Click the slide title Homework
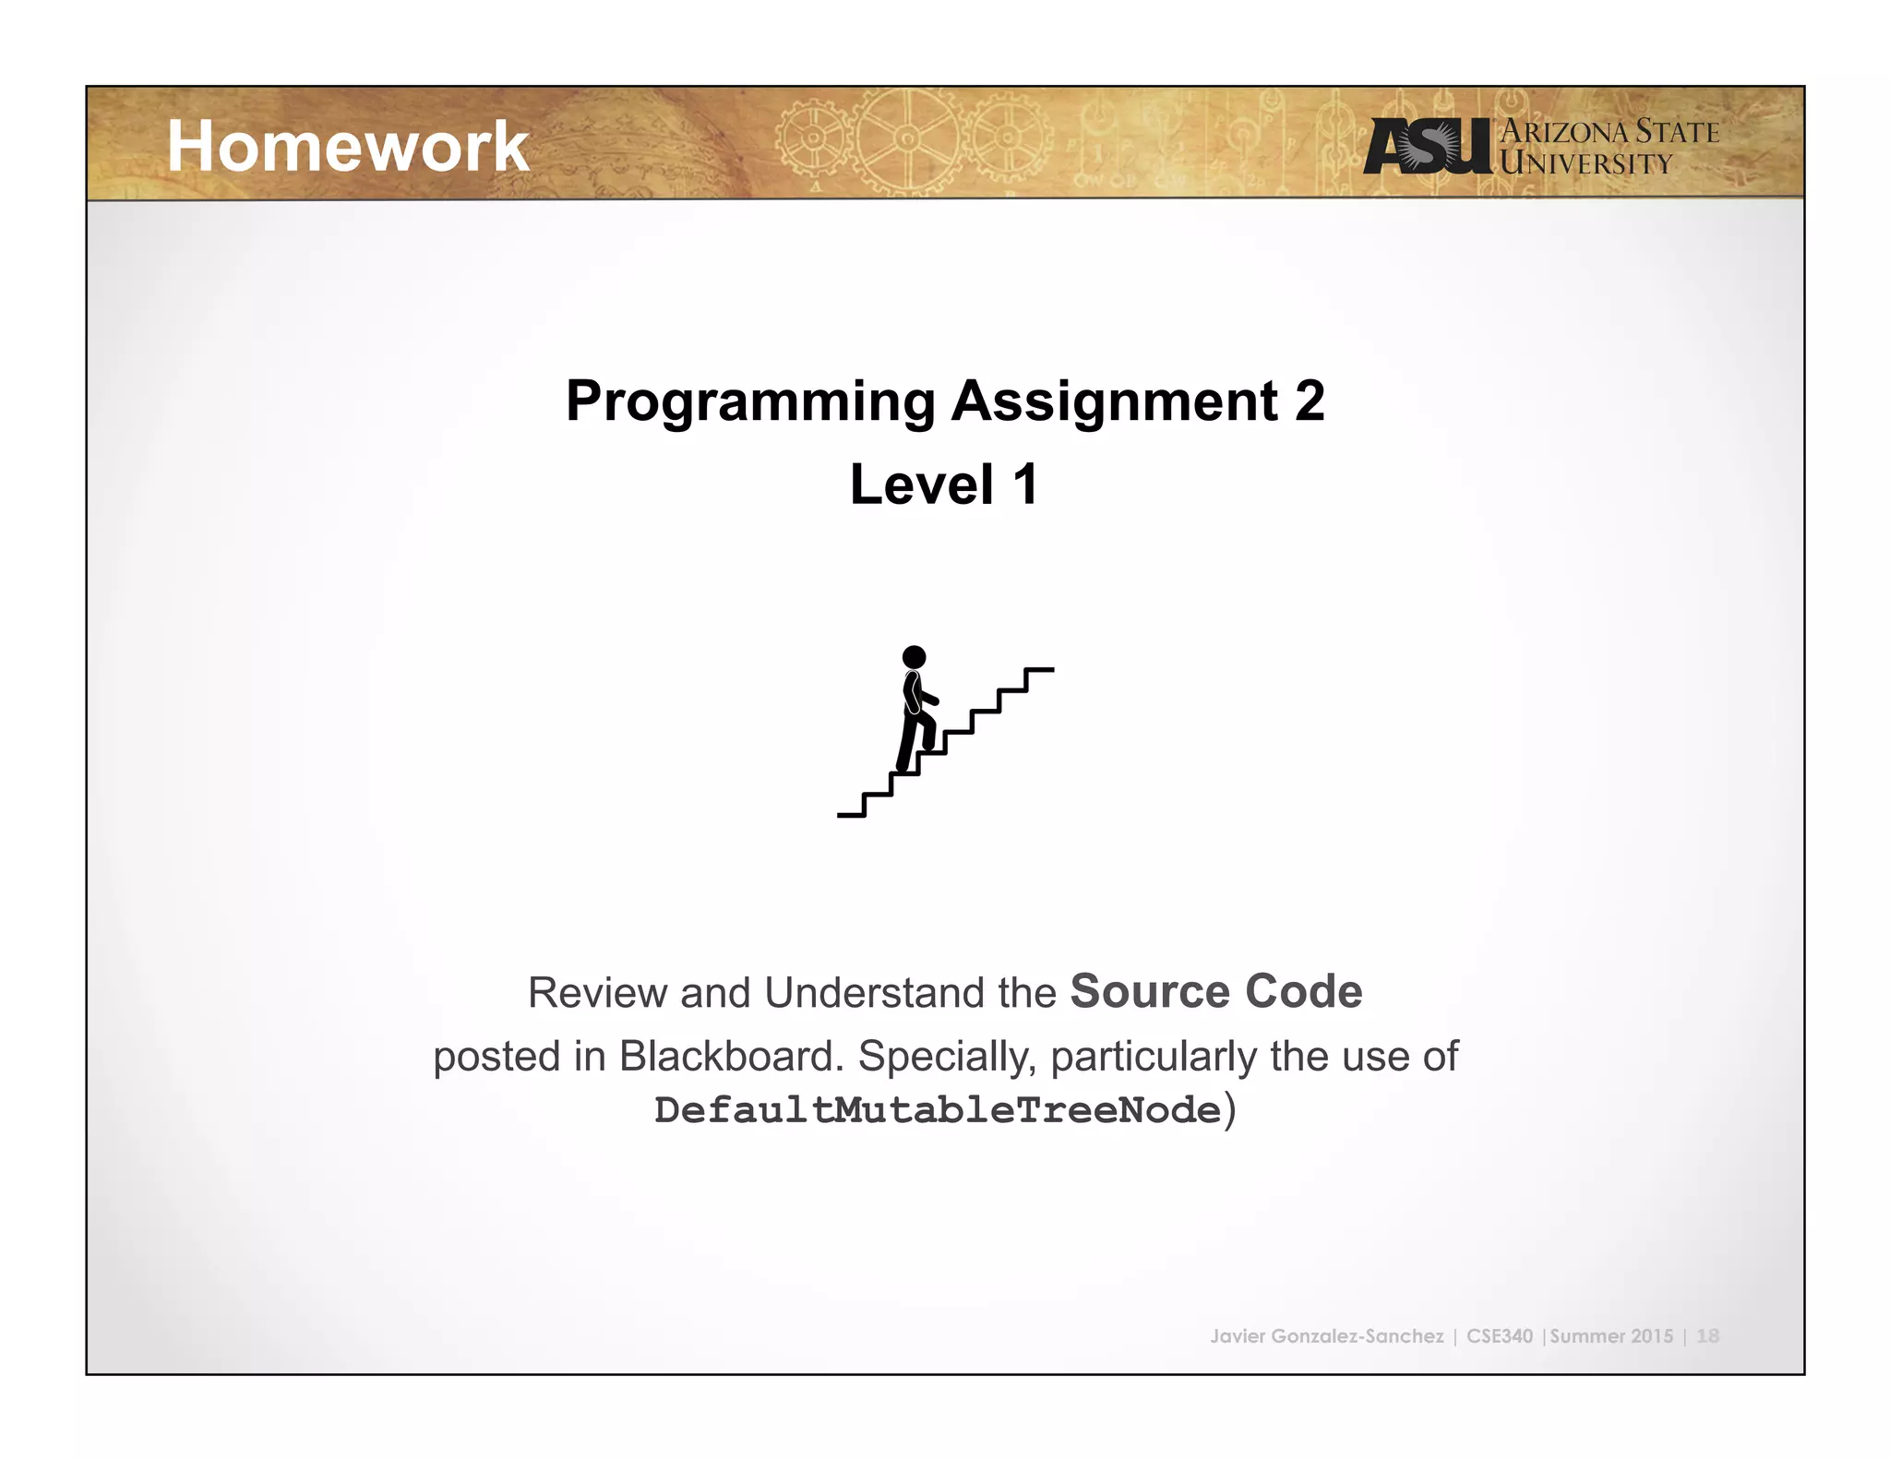[x=347, y=147]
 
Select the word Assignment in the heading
[x=1114, y=401]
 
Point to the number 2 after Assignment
[x=1309, y=401]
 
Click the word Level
[x=921, y=485]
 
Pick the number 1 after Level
[x=1025, y=485]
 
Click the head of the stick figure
[x=914, y=657]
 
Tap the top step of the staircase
[x=1039, y=670]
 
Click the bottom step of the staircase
[x=851, y=815]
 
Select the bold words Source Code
[x=1215, y=991]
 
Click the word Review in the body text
[x=597, y=993]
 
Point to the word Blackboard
[x=731, y=1056]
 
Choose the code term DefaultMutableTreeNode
[x=938, y=1110]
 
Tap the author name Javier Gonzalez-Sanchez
[x=1326, y=1335]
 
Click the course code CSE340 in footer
[x=1499, y=1335]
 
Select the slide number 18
[x=1707, y=1335]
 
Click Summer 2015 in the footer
[x=1611, y=1335]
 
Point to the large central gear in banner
[x=906, y=138]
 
